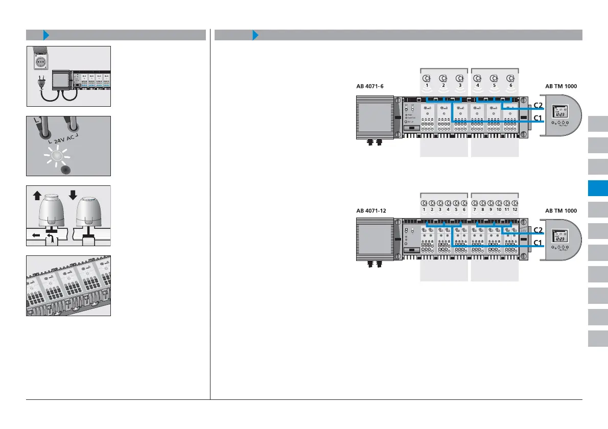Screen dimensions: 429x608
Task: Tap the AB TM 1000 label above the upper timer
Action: click(x=561, y=86)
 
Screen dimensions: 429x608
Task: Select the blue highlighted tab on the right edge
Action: click(x=598, y=188)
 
